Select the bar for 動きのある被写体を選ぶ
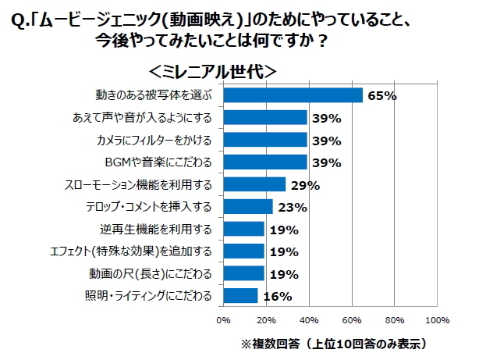tap(293, 95)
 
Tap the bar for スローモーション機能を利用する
tap(254, 184)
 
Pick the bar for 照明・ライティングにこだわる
tap(240, 296)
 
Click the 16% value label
tap(278, 297)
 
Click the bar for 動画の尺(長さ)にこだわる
tap(243, 273)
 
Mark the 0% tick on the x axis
tap(223, 319)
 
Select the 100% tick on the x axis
tap(437, 319)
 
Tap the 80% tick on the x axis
tap(395, 319)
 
